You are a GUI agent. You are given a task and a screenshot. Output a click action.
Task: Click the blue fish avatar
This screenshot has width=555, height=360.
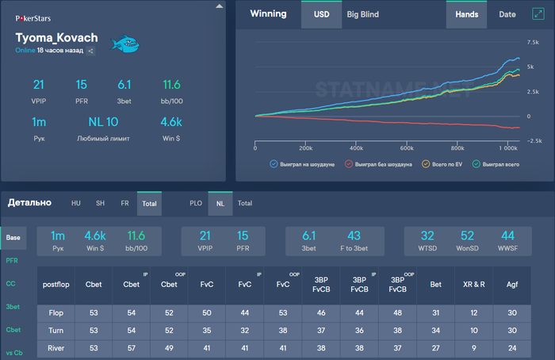point(124,44)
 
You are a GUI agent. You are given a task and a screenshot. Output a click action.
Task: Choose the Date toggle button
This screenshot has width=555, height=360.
point(507,14)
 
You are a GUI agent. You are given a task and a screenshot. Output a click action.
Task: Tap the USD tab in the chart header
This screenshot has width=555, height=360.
point(321,14)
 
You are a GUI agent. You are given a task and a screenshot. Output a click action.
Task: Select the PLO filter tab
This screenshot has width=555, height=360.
point(194,203)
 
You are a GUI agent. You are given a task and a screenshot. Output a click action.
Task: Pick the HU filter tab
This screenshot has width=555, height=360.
point(77,203)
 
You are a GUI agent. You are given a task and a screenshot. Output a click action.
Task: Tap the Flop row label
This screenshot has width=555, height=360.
point(55,312)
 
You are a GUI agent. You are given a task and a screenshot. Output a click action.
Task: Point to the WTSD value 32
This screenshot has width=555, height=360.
point(427,236)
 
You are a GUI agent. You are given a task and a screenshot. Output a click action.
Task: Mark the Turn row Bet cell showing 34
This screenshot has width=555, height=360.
point(435,330)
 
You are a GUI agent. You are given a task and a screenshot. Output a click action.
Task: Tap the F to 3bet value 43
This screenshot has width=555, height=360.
point(354,236)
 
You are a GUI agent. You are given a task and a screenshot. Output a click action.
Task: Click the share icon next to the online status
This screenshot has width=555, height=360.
point(90,51)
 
